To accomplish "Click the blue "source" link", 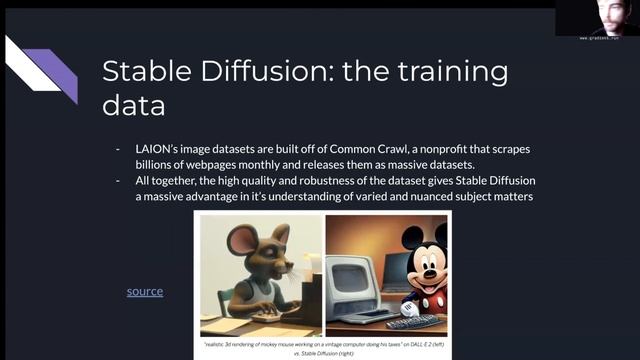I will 144,291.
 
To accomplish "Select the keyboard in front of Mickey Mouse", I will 413,321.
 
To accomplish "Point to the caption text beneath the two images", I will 324,345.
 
